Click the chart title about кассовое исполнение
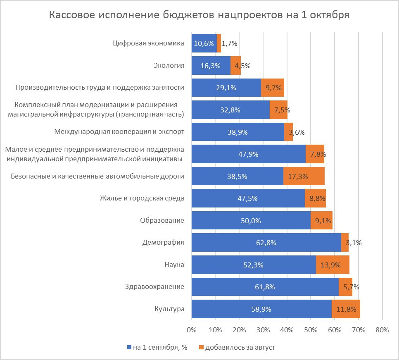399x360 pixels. coord(199,15)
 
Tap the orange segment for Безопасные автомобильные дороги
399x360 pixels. coord(304,176)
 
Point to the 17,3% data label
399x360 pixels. coord(304,176)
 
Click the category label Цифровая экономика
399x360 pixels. coord(148,43)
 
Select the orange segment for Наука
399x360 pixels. coord(332,265)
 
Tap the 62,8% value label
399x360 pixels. coord(266,243)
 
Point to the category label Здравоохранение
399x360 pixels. coord(154,287)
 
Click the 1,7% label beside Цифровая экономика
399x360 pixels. coord(229,43)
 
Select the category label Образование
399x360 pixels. coord(162,220)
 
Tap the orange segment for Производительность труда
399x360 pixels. coord(273,88)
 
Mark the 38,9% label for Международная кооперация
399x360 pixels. coord(237,132)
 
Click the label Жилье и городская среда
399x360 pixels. coord(142,198)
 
